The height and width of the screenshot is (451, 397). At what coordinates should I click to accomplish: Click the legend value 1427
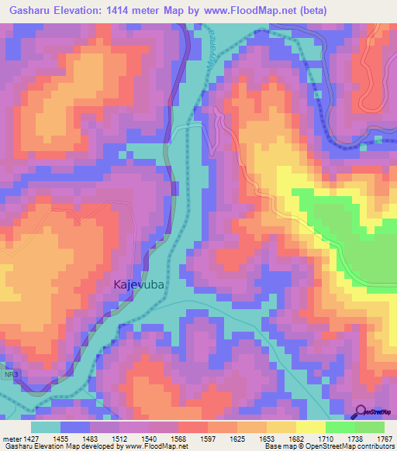click(x=31, y=439)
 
